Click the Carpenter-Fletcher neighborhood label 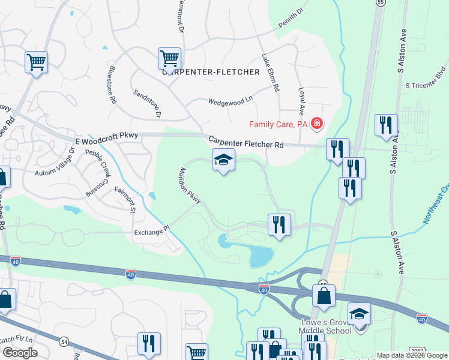tap(211, 72)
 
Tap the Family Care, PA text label tap(279, 124)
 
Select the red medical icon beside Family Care tap(316, 124)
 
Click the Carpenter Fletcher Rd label tap(246, 142)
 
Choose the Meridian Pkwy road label tap(190, 188)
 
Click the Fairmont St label tap(125, 199)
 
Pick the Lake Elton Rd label tap(270, 73)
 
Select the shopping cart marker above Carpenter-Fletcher tap(170, 59)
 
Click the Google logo tap(20, 353)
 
